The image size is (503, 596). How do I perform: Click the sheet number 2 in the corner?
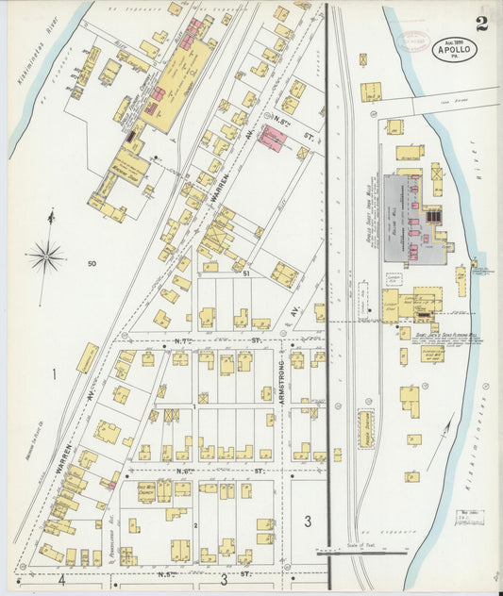(x=481, y=24)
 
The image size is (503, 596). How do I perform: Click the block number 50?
(x=91, y=265)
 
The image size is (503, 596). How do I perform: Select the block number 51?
(x=245, y=273)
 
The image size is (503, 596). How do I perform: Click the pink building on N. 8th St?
(x=274, y=137)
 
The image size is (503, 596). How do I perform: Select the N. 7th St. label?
(x=227, y=340)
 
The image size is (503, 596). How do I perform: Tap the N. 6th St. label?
(x=227, y=470)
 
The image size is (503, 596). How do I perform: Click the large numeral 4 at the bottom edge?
(x=61, y=580)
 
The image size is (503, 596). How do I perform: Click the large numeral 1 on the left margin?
(x=54, y=376)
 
